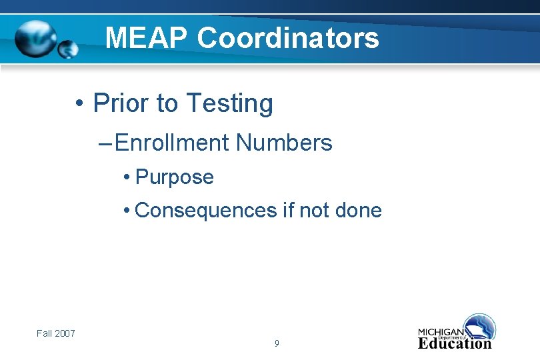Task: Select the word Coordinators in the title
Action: coord(288,38)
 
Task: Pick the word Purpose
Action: coord(174,177)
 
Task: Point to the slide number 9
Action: coord(277,344)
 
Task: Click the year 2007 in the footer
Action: coord(65,333)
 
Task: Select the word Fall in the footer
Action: coord(45,333)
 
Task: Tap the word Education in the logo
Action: coord(455,343)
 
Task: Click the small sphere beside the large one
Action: coord(68,49)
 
